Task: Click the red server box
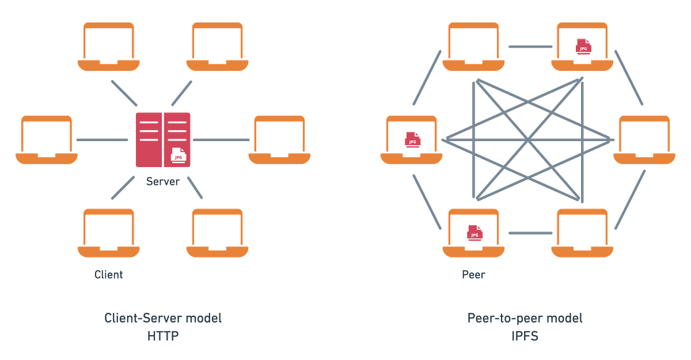point(163,139)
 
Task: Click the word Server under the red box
point(162,182)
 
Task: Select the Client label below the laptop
point(108,275)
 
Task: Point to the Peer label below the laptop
point(473,275)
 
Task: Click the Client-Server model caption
point(163,319)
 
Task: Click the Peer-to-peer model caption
point(525,319)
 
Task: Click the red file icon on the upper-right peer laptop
point(583,47)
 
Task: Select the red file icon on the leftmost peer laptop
point(412,139)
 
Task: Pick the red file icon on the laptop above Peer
point(474,233)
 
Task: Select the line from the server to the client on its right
point(221,139)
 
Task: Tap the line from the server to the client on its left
point(102,139)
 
